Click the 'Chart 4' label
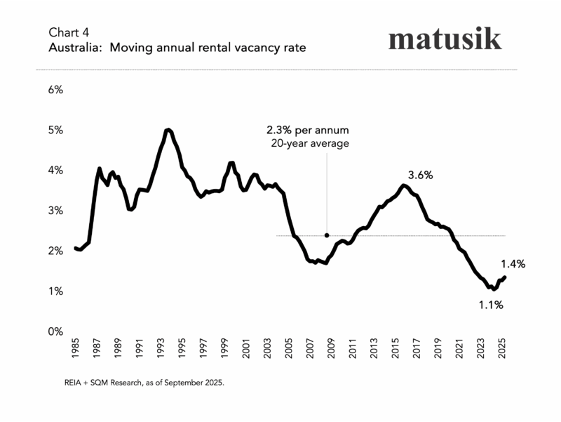pyautogui.click(x=69, y=33)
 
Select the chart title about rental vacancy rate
pyautogui.click(x=177, y=48)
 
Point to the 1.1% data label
pyautogui.click(x=489, y=305)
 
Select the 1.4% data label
pyautogui.click(x=513, y=264)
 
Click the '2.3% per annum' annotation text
pyautogui.click(x=307, y=131)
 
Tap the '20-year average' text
pyautogui.click(x=309, y=143)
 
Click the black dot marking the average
pyautogui.click(x=327, y=235)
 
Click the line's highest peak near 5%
pyautogui.click(x=168, y=130)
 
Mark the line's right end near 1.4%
pyautogui.click(x=504, y=277)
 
